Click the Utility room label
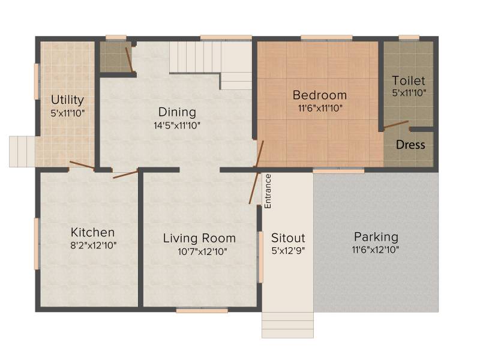(67, 100)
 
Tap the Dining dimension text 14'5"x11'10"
(177, 125)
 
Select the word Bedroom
(320, 95)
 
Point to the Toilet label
(409, 80)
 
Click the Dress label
(410, 145)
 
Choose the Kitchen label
(93, 232)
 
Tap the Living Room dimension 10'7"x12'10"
(202, 251)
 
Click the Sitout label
(288, 238)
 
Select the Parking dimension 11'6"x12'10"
(376, 250)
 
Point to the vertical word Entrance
(268, 191)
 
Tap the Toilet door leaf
(396, 124)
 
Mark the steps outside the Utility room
(22, 152)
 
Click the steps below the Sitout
(287, 325)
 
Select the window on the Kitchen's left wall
(37, 244)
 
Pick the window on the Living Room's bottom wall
(202, 311)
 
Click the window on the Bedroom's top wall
(326, 38)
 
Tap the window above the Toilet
(409, 38)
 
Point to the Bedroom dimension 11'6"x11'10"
(320, 108)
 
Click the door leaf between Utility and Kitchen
(82, 165)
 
